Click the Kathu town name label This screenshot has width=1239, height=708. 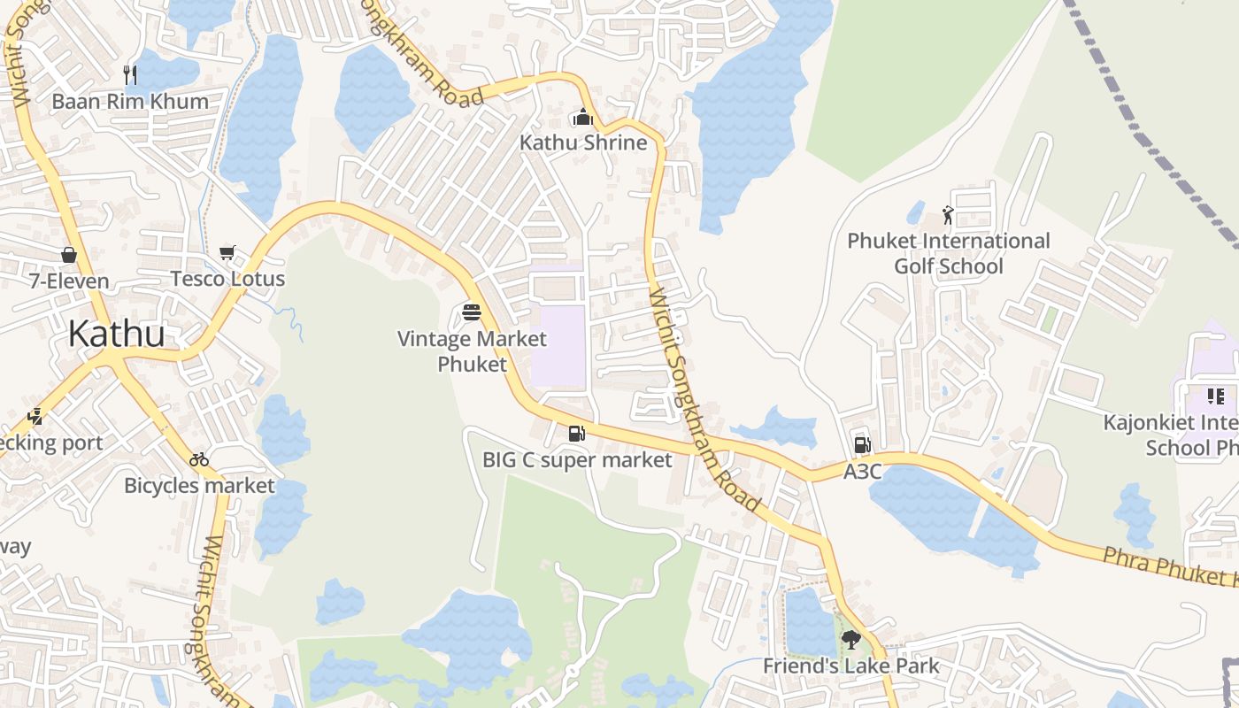click(x=116, y=335)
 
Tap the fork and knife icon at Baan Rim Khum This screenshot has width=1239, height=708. click(x=130, y=74)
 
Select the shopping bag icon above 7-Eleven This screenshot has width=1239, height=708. click(x=69, y=256)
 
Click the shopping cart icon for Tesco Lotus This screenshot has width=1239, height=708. click(x=227, y=253)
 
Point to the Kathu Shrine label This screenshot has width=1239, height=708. click(x=583, y=142)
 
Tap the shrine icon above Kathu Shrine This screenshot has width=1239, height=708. click(x=583, y=117)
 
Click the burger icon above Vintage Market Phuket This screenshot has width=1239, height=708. click(x=472, y=312)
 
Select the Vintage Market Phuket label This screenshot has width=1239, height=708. click(x=472, y=351)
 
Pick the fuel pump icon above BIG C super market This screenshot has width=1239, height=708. click(x=577, y=434)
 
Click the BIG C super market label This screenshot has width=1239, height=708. click(x=577, y=459)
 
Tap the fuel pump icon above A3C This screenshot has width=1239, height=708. click(x=862, y=445)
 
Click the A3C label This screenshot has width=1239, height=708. click(x=862, y=472)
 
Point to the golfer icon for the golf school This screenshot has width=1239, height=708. click(x=948, y=215)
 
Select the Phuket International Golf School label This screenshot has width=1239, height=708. click(x=949, y=253)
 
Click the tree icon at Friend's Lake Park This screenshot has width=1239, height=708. click(x=851, y=639)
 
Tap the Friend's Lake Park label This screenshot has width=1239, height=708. click(x=851, y=666)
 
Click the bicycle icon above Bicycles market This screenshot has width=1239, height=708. click(x=199, y=459)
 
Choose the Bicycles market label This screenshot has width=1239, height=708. click(x=199, y=485)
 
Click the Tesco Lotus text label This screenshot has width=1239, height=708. click(x=227, y=279)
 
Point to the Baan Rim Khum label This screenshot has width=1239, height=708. click(x=130, y=101)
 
